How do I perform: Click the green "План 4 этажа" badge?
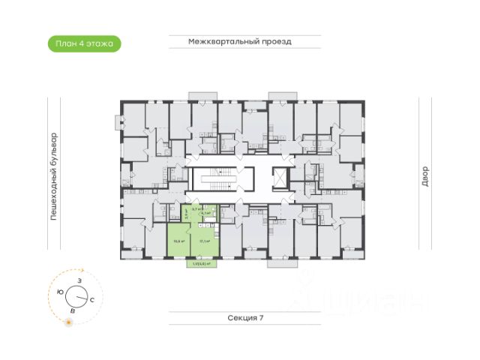click(83, 43)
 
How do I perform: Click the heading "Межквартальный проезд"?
click(239, 42)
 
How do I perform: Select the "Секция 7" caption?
click(246, 318)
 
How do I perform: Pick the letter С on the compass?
click(91, 299)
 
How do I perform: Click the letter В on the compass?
click(73, 309)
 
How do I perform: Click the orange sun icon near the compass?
click(68, 322)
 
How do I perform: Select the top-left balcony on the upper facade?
click(201, 96)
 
